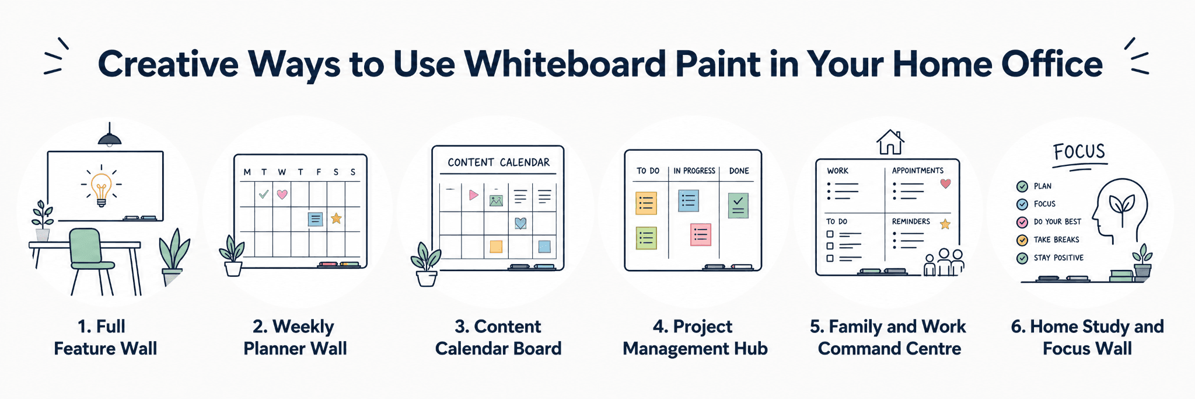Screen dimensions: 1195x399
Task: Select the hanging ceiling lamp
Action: (109, 135)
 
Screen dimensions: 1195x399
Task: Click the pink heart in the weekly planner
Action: (282, 194)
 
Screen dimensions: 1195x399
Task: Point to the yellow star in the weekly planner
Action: (336, 218)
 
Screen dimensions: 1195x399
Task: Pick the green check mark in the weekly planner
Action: (264, 194)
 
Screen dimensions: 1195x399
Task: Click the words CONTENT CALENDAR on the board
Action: (498, 162)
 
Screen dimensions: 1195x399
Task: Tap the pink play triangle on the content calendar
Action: (473, 195)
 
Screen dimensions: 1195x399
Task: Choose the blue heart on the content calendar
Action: (520, 223)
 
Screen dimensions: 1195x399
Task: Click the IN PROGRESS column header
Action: (694, 171)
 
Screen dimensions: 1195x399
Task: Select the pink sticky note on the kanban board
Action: (701, 235)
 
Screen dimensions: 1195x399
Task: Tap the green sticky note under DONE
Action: (738, 206)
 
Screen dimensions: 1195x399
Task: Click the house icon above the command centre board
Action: (890, 142)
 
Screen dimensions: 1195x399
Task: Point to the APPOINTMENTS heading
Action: (917, 171)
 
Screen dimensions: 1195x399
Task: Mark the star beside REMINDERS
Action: (945, 224)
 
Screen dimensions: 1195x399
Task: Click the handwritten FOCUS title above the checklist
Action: (1079, 152)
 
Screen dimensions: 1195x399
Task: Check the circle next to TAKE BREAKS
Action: (1022, 240)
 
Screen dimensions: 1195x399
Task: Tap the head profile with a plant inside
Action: (1120, 210)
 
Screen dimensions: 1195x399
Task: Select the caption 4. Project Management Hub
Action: (695, 338)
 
